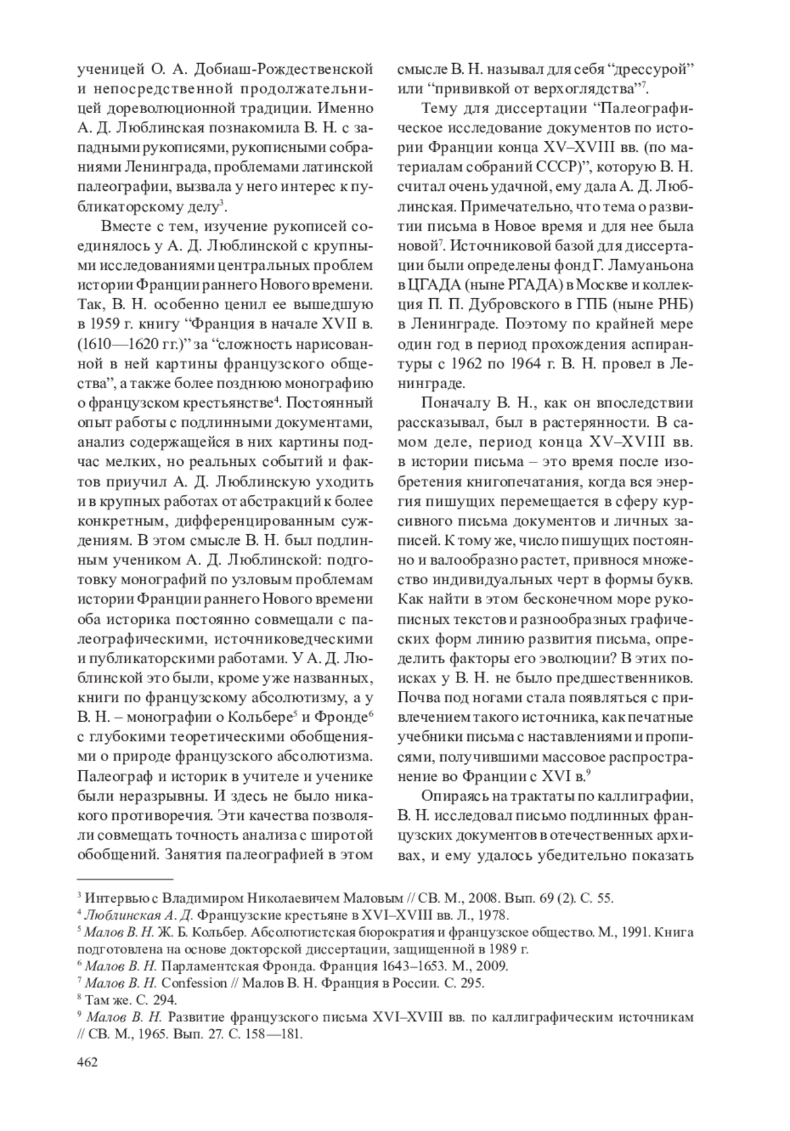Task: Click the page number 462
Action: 88,1062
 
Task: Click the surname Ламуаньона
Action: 641,266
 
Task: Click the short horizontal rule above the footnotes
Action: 125,878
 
